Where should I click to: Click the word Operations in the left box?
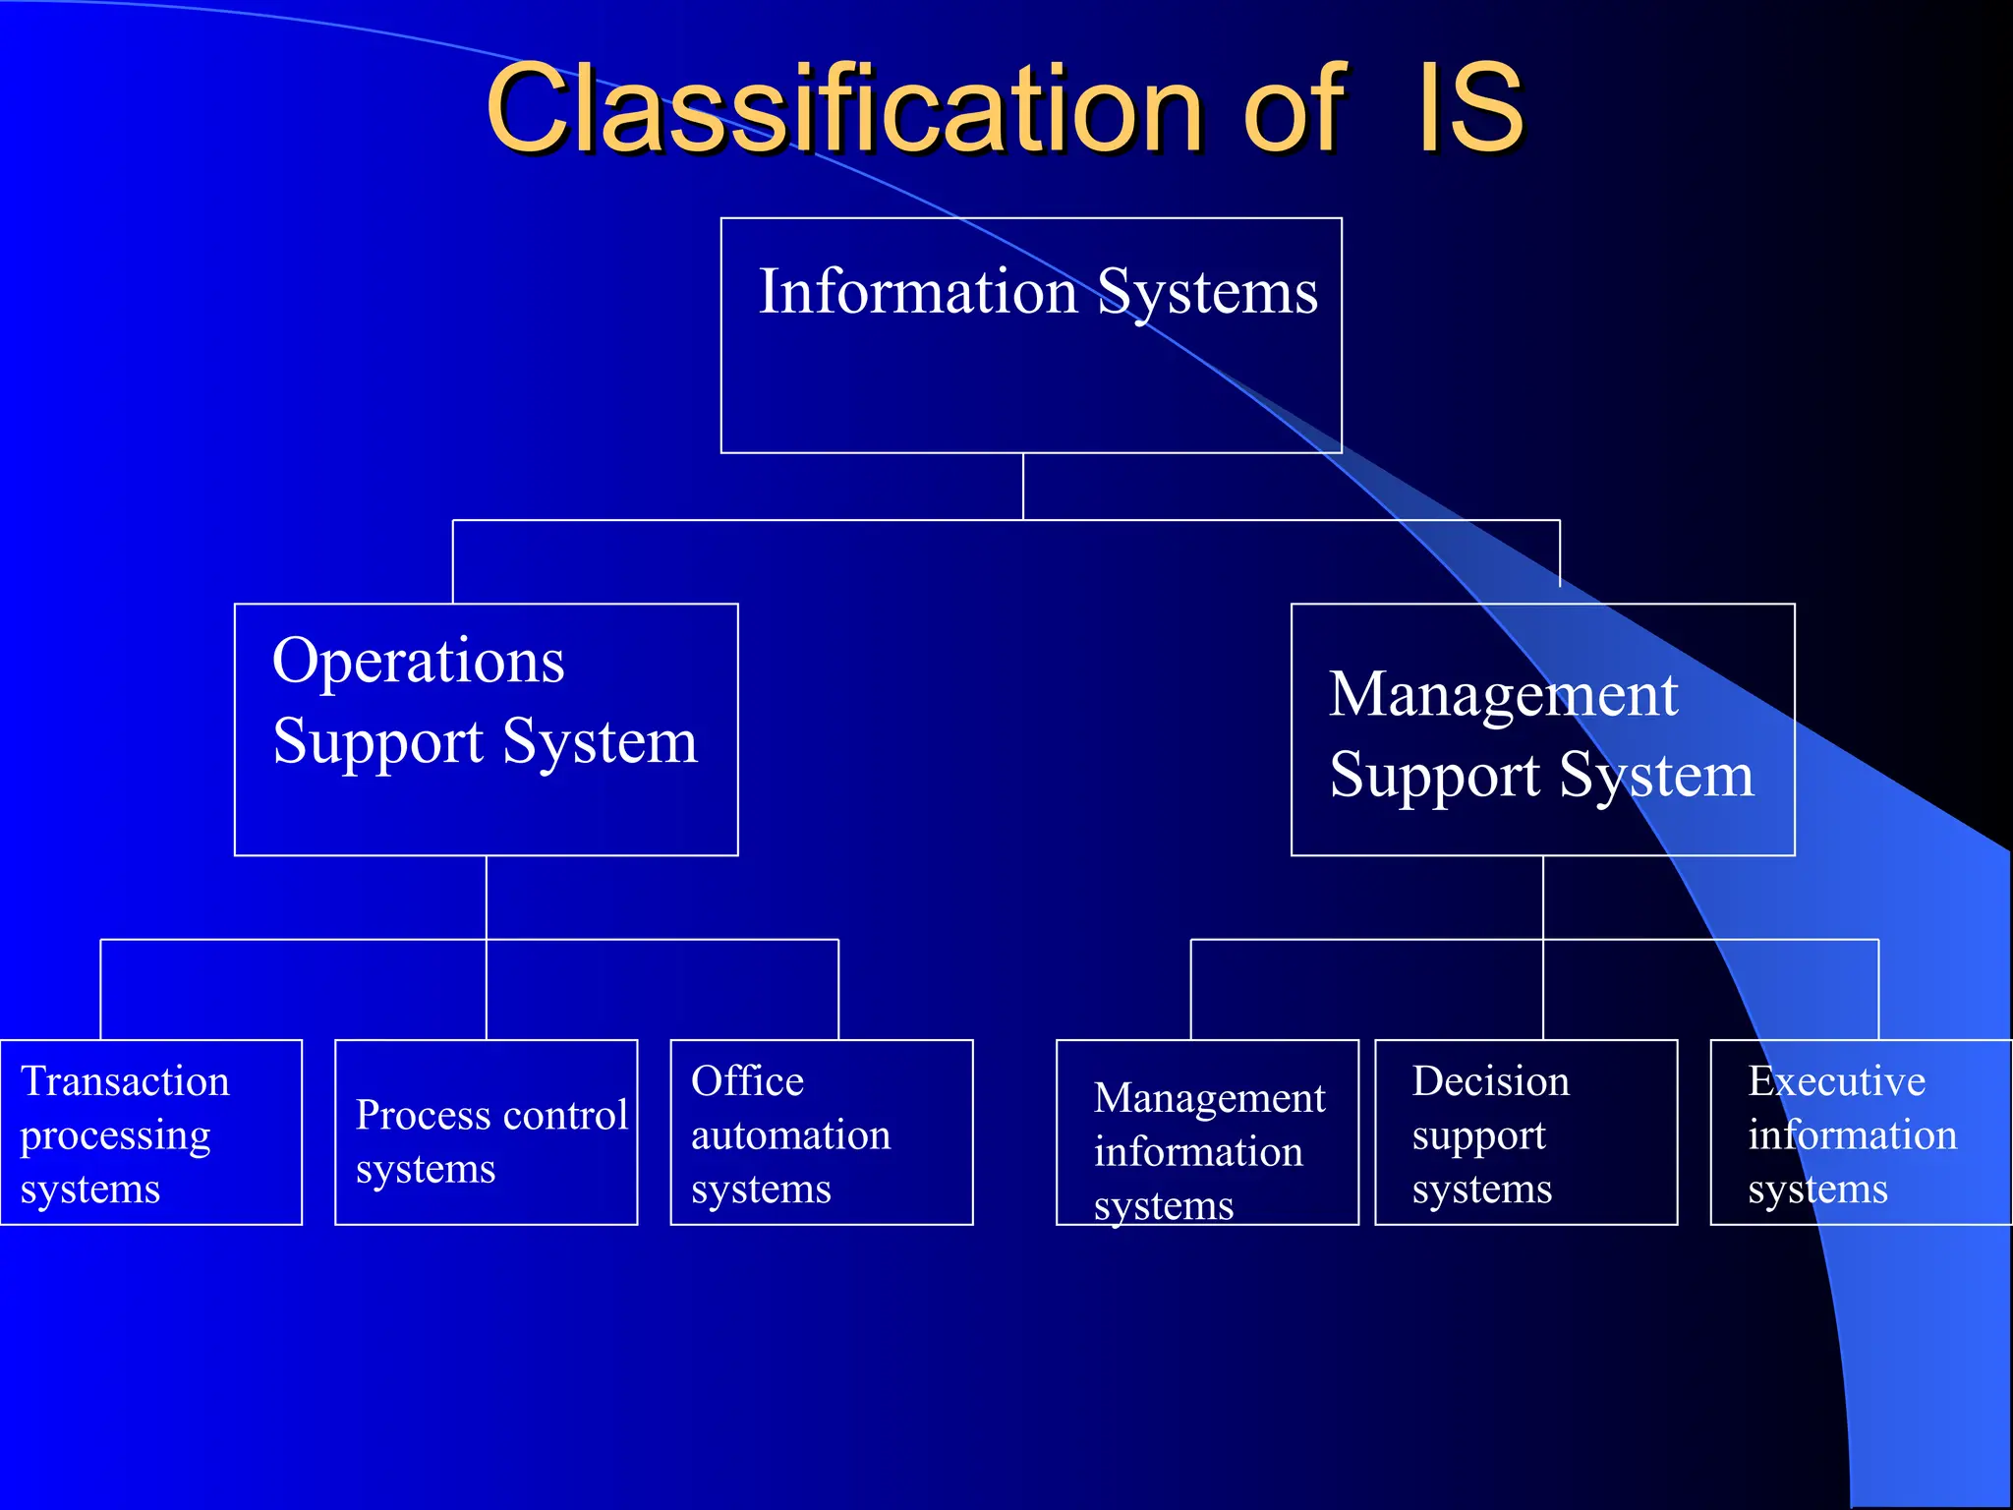pos(419,663)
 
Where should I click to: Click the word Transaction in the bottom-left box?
pos(125,1081)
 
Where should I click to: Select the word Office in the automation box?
pos(747,1081)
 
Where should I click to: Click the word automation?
pos(790,1135)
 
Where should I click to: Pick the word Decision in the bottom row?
pos(1490,1081)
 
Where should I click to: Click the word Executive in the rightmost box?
pos(1836,1081)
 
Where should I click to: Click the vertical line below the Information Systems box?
pos(1023,486)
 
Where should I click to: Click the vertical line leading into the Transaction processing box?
pos(101,989)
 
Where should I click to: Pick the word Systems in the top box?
pos(1207,292)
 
